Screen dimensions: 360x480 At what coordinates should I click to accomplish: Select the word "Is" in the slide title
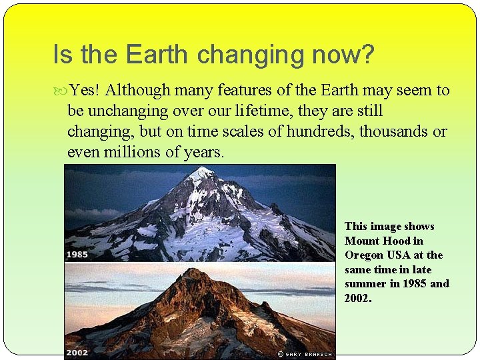coord(62,55)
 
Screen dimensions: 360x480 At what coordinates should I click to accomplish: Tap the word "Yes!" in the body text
coord(85,90)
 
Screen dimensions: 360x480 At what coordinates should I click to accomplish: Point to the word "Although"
coord(136,90)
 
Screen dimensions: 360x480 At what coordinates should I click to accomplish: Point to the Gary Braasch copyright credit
coord(305,354)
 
